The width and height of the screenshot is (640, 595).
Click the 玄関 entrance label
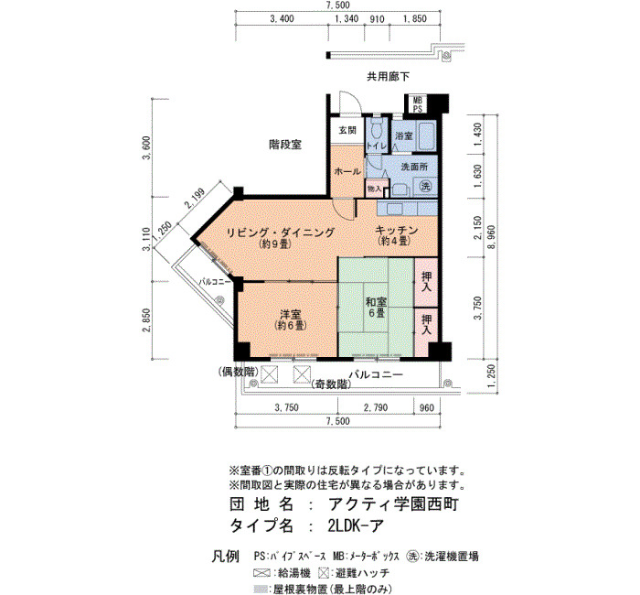tap(347, 130)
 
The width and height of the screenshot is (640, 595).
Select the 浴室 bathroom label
tap(404, 136)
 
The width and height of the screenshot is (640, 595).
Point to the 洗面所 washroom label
tap(414, 167)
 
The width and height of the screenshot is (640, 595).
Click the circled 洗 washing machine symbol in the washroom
tap(426, 187)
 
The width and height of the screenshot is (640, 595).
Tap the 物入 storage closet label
tap(374, 189)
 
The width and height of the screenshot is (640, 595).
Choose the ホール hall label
tap(347, 171)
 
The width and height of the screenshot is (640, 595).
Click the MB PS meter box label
tap(418, 104)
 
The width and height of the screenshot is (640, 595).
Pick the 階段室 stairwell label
tap(285, 145)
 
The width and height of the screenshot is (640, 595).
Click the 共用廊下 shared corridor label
tap(388, 76)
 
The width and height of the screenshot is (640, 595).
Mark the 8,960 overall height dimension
tap(492, 236)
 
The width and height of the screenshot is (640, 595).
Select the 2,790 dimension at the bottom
tap(376, 407)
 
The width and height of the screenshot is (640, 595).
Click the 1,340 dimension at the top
tap(347, 19)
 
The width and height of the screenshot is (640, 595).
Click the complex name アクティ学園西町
tap(393, 503)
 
